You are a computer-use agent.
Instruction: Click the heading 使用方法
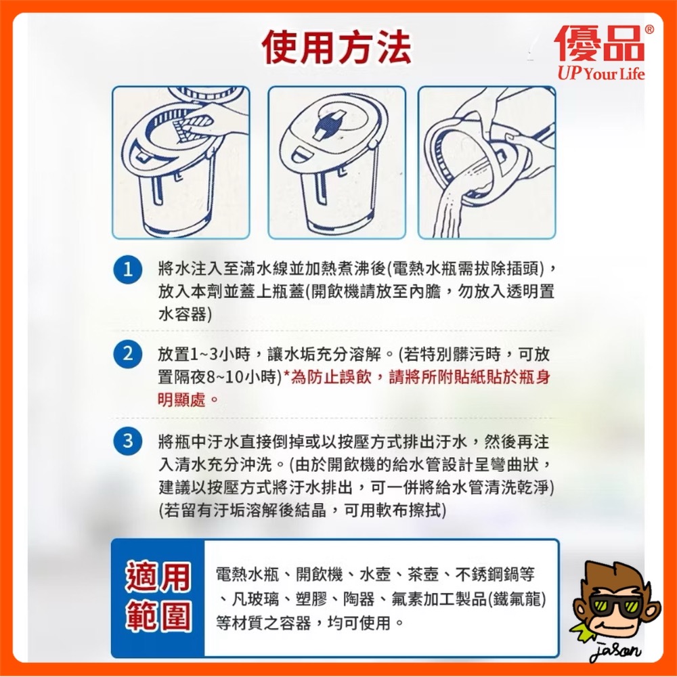click(336, 47)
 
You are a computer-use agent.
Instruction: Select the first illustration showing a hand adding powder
click(181, 162)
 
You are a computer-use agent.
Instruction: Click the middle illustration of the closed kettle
click(336, 162)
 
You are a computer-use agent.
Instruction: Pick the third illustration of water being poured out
click(487, 162)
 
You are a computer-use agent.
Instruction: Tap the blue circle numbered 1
click(127, 269)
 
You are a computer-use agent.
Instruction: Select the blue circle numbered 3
click(127, 441)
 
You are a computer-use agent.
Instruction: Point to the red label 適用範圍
click(157, 596)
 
